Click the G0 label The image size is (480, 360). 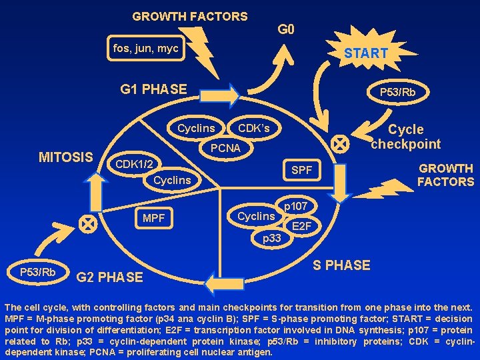(x=286, y=29)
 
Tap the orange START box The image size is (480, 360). (x=365, y=53)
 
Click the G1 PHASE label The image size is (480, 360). (x=153, y=89)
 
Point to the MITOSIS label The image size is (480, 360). (x=66, y=157)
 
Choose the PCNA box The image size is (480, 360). (x=225, y=148)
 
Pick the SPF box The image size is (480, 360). (x=301, y=171)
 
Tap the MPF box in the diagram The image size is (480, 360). (x=153, y=218)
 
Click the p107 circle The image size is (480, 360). (x=295, y=207)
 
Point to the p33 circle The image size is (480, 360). (x=271, y=238)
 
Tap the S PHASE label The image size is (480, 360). (x=341, y=265)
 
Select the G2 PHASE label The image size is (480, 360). (x=110, y=277)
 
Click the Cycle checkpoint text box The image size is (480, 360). (x=406, y=137)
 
